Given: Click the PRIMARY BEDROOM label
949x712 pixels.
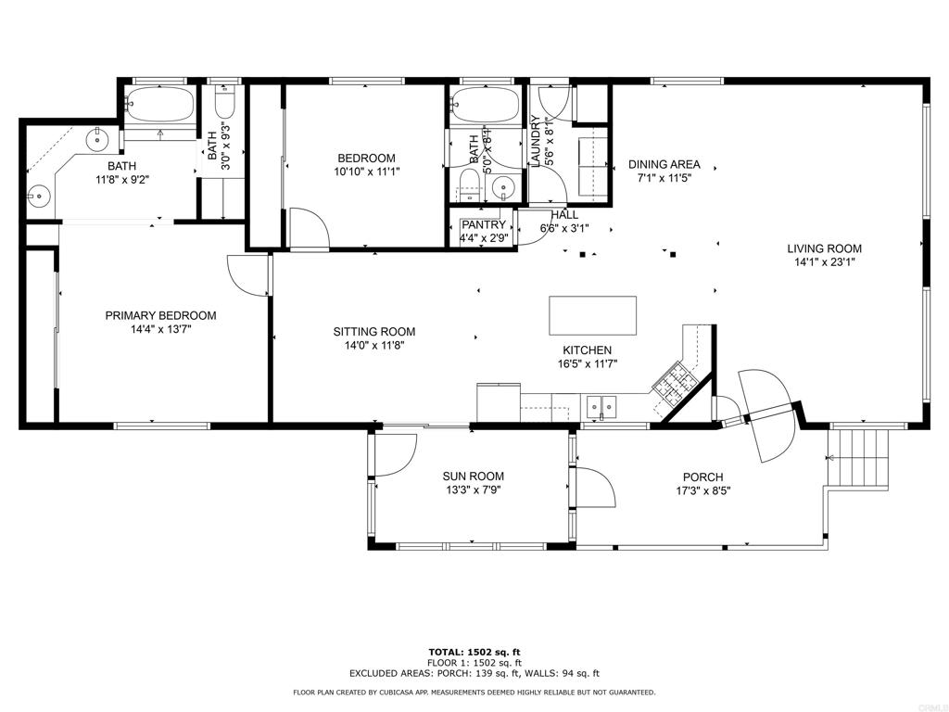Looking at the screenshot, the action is click(160, 315).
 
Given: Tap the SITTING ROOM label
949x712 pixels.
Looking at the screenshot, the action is click(374, 332).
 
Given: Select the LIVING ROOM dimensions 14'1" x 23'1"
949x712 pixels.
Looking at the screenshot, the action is click(824, 262).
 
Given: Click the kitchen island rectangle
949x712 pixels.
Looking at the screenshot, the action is click(592, 315).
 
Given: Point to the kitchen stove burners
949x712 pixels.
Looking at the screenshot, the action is click(675, 381).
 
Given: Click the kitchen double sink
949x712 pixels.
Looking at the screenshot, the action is click(600, 406).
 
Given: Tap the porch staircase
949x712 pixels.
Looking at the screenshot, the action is click(857, 457).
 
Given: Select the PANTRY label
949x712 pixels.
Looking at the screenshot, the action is click(484, 225).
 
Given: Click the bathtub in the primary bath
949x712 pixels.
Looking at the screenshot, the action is click(159, 104).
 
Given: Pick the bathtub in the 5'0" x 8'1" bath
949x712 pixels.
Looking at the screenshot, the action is click(485, 106).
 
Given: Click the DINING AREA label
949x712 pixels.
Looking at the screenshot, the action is click(664, 164).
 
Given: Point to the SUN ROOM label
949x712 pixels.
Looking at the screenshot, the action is click(474, 477).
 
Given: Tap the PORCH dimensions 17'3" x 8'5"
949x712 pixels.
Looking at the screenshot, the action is click(703, 491).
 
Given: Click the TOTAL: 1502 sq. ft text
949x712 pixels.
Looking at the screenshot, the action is click(474, 652).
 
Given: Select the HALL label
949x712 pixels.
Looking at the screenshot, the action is click(564, 215).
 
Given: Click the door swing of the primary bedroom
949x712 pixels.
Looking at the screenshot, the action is click(248, 275).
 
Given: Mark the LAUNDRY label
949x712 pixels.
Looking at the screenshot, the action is click(535, 141).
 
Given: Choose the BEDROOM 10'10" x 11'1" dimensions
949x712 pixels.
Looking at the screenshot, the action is click(367, 172).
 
